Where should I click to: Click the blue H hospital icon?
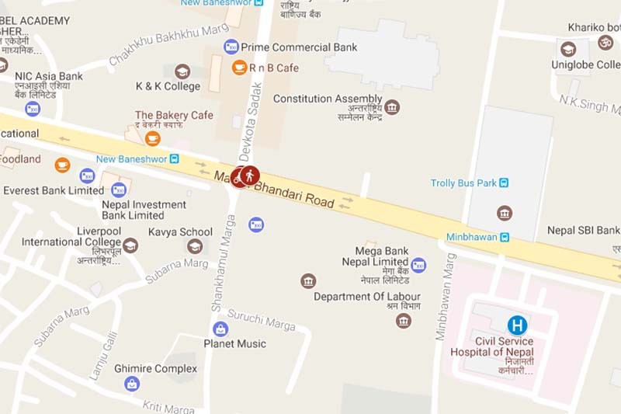coord(517,325)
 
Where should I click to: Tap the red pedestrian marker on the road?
coord(250,176)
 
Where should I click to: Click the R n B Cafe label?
coord(274,68)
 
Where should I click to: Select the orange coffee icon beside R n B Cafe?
coord(239,68)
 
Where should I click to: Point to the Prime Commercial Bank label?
coord(299,47)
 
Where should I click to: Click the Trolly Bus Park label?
coord(463,183)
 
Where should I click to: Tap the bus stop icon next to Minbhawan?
coord(505,237)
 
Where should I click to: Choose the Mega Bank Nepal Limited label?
coord(376,256)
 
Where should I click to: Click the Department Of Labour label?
coord(367,297)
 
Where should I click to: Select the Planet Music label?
coord(234,343)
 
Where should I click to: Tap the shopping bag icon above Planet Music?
coord(220,329)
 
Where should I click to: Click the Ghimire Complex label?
coord(155,368)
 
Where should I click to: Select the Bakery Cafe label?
coord(174,116)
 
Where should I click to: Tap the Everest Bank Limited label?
coord(54,190)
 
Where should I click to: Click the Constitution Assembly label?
coord(328,99)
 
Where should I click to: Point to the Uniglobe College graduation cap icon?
coord(568,48)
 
